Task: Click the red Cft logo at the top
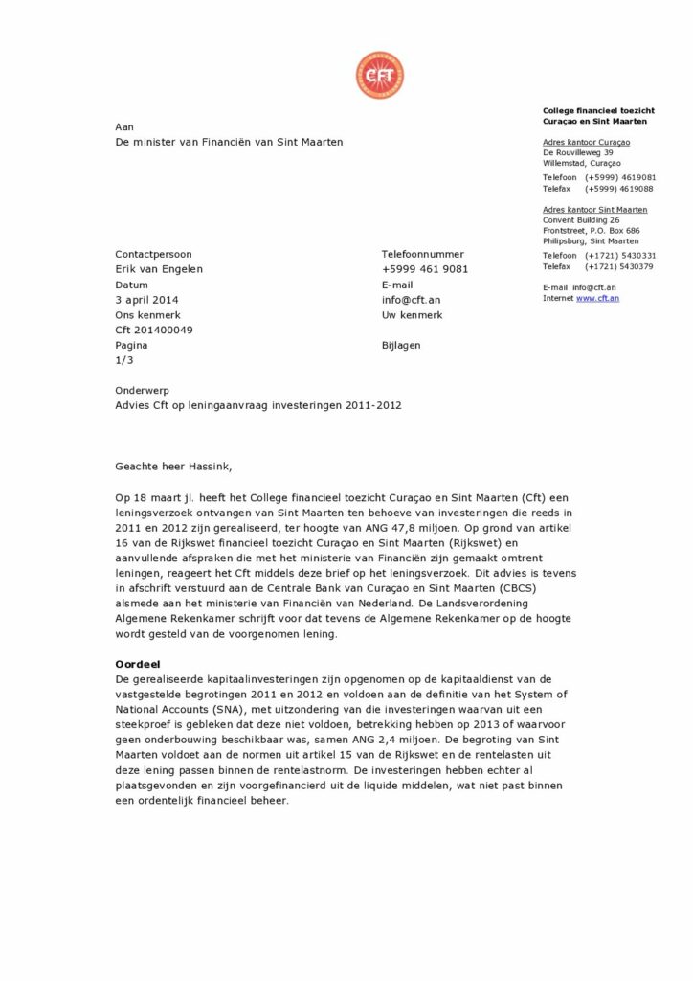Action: click(379, 76)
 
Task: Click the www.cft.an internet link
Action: click(597, 299)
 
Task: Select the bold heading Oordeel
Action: click(137, 664)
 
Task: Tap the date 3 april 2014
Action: click(146, 300)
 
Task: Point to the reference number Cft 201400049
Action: click(153, 331)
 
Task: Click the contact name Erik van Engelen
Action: click(159, 269)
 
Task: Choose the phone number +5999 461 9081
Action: click(425, 269)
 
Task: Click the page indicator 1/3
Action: click(124, 360)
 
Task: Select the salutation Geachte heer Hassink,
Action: click(173, 467)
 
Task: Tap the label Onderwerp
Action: click(141, 391)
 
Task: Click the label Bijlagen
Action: click(401, 345)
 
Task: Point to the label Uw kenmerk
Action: click(412, 315)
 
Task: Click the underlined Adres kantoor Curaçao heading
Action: click(586, 143)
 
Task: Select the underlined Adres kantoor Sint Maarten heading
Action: click(594, 210)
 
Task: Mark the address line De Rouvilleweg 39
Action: click(578, 153)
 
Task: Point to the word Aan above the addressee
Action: click(124, 126)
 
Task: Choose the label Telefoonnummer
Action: click(422, 254)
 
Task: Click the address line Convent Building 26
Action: click(581, 220)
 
